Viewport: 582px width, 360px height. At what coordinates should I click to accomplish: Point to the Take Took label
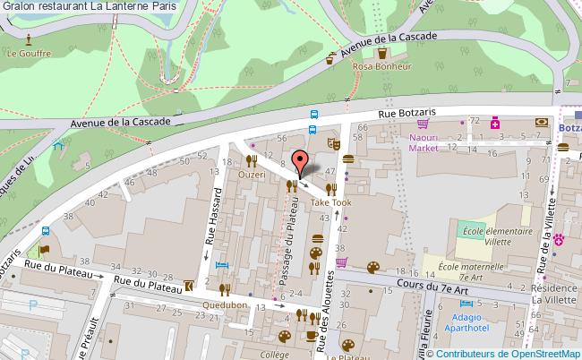[330, 202]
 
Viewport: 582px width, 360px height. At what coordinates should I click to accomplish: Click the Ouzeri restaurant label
[252, 176]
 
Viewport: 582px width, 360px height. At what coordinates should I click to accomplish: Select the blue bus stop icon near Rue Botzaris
[313, 114]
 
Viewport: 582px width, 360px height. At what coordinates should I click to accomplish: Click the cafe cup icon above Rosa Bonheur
[330, 58]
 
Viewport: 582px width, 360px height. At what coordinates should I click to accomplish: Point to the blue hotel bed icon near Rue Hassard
[223, 266]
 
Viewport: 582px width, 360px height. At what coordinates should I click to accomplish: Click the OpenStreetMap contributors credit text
[511, 352]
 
